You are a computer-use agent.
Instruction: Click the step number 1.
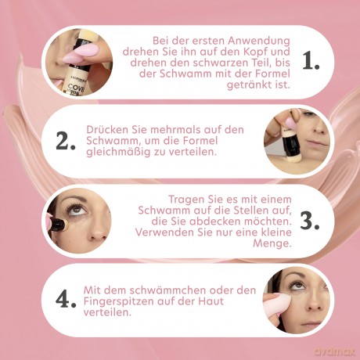[x=311, y=61]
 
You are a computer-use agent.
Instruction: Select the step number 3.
[x=310, y=221]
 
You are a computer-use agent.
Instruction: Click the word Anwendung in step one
[x=258, y=41]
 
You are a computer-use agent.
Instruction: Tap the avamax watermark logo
[x=335, y=352]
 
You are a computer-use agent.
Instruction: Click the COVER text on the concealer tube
[x=76, y=88]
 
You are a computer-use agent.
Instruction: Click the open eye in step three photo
[x=77, y=209]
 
